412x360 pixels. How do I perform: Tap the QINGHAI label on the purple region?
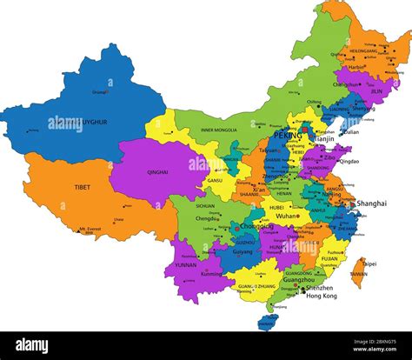157,172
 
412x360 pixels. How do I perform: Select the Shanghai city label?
371,203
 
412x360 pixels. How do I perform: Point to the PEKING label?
287,136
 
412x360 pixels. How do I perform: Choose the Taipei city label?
369,263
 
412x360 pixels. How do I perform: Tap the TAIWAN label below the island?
358,274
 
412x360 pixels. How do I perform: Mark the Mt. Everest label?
89,230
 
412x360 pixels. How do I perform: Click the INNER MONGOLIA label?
218,130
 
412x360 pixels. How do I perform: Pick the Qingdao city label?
348,162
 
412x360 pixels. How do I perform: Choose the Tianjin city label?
324,138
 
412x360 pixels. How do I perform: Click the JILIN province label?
375,90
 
